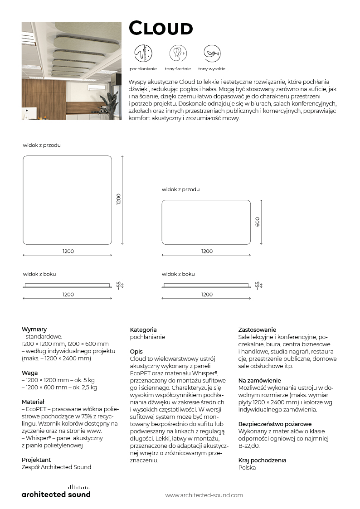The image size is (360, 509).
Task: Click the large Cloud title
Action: [x=161, y=29]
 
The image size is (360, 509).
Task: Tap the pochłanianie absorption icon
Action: [x=143, y=53]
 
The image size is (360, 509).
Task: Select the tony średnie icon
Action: [x=178, y=53]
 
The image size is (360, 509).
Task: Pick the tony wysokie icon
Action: [x=211, y=53]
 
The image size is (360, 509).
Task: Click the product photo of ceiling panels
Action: [x=71, y=71]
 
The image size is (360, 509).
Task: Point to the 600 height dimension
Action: [x=258, y=222]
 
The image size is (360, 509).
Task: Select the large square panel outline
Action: [x=67, y=200]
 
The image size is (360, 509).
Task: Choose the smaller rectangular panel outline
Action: [x=206, y=222]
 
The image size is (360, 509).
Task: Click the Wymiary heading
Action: [x=34, y=330]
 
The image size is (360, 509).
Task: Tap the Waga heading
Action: [x=29, y=373]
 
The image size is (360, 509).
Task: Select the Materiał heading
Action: [x=33, y=402]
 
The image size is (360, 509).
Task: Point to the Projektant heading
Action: [x=36, y=460]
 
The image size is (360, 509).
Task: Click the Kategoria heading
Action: [x=143, y=330]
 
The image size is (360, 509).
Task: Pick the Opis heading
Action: [x=136, y=351]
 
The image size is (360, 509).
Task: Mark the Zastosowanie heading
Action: [x=257, y=330]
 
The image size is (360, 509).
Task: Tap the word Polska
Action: [x=247, y=467]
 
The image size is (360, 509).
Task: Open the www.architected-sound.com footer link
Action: [x=204, y=495]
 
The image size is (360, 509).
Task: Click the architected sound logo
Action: [x=56, y=491]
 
